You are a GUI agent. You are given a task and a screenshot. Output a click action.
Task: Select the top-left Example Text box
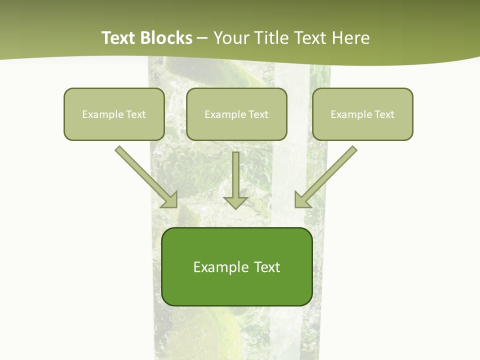tap(114, 114)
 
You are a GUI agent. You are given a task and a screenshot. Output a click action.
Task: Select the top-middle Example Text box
tap(236, 114)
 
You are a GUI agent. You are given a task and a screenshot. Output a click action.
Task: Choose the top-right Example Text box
tap(362, 114)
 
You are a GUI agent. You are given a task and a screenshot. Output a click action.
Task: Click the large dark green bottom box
tap(236, 267)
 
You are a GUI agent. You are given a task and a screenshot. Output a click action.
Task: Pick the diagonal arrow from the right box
tap(327, 175)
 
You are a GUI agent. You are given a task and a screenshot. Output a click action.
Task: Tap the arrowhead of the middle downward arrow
tap(235, 202)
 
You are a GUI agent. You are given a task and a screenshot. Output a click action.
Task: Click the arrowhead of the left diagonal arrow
tap(170, 200)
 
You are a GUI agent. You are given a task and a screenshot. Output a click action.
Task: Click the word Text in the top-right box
tap(384, 114)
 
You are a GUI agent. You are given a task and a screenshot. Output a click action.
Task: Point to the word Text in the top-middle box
tap(258, 114)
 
